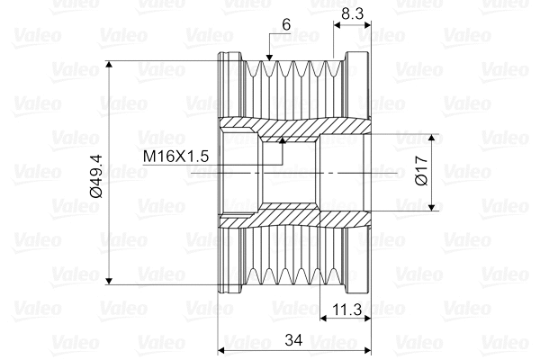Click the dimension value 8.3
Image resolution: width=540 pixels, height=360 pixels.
tap(352, 14)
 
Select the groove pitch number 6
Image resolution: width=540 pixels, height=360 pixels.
tap(286, 24)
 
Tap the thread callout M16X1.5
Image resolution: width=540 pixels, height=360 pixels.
tap(176, 157)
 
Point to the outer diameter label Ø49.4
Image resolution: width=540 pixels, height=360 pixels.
tap(97, 176)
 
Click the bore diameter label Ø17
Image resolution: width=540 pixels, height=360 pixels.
tap(421, 170)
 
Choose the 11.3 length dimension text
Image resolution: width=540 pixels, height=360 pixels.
tap(346, 310)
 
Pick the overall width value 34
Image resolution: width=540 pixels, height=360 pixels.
tap(293, 340)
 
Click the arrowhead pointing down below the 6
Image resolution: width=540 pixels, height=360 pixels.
tap(269, 58)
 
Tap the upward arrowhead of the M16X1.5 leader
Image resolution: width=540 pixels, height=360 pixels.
tap(283, 139)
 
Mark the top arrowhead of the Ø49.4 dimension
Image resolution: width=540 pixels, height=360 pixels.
tap(109, 65)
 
